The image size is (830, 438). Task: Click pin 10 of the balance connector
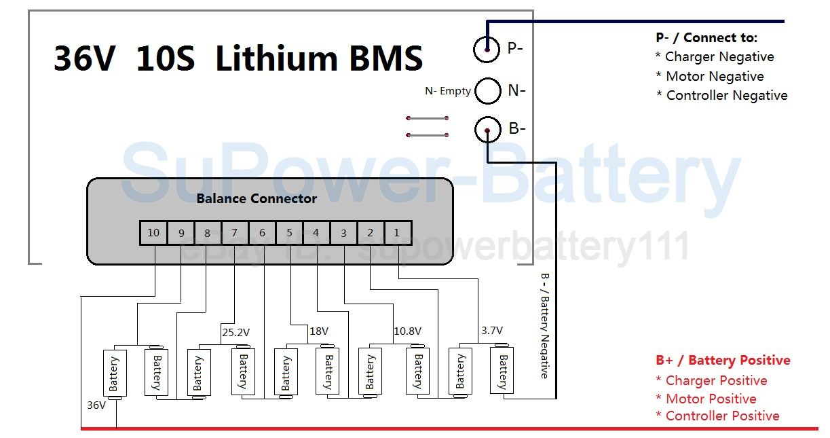tap(153, 233)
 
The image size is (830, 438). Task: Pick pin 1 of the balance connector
tap(398, 233)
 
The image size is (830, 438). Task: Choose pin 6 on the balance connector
tap(262, 233)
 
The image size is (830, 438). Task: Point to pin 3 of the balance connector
tap(343, 233)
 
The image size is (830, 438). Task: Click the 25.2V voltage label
tap(236, 332)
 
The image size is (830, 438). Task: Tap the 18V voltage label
tap(319, 331)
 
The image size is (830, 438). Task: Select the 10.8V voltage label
tap(408, 331)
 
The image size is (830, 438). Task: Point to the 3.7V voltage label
tap(492, 330)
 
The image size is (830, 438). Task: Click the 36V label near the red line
tap(96, 405)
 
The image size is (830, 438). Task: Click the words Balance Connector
tap(257, 198)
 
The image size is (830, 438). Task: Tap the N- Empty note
tap(448, 91)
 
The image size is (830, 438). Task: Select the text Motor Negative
tap(715, 76)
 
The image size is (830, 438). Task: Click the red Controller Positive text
tap(723, 416)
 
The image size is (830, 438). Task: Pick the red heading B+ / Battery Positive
tap(723, 360)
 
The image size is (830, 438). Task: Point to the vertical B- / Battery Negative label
tap(544, 326)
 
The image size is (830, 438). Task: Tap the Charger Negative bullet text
tap(719, 57)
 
